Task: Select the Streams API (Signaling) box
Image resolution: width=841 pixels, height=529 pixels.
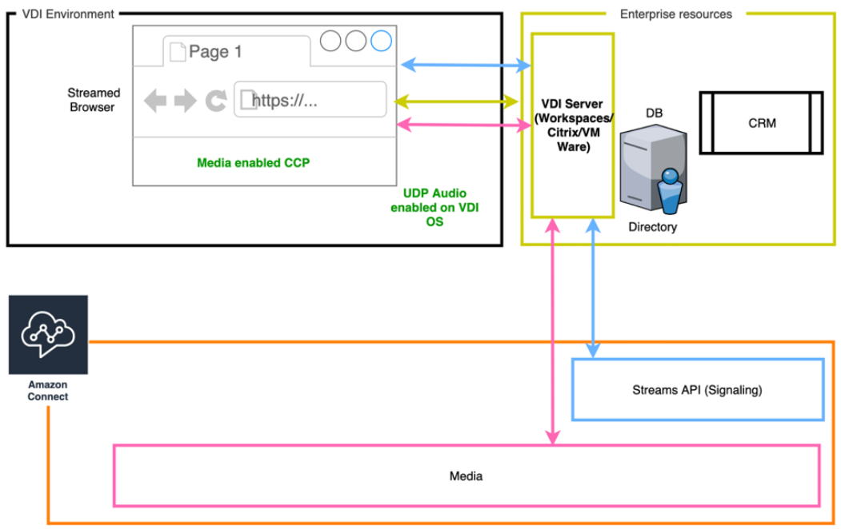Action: click(697, 390)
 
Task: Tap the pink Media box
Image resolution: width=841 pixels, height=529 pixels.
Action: click(467, 475)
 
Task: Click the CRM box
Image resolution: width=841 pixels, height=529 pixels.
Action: click(761, 123)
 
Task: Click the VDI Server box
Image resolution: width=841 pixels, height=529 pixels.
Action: click(571, 125)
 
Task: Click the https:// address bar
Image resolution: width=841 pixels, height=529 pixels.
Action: click(310, 100)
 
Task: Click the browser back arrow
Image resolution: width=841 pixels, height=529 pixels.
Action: click(155, 101)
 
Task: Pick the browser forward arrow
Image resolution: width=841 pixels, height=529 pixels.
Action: click(185, 101)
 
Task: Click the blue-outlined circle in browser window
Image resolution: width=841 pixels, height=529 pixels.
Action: click(381, 40)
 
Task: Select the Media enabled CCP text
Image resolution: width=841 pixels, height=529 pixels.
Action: click(253, 163)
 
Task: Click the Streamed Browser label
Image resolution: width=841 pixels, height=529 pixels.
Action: click(93, 100)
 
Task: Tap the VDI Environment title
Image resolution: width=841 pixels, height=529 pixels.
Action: click(68, 14)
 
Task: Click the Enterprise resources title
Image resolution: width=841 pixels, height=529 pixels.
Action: click(675, 14)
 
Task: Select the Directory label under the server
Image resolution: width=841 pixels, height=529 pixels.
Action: click(652, 227)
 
